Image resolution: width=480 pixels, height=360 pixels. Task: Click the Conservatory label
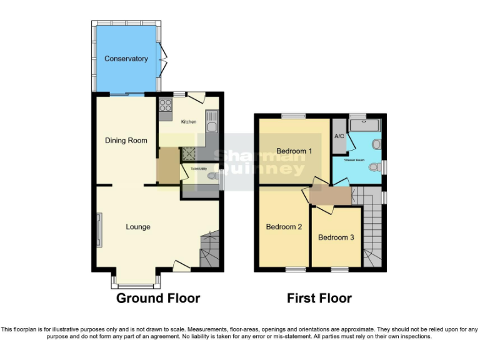pos(126,59)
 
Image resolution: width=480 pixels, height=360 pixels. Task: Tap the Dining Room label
pos(126,141)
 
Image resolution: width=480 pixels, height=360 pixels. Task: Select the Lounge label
pos(138,227)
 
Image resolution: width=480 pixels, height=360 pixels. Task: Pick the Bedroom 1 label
pos(294,151)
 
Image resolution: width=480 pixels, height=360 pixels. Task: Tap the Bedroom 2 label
pos(284,227)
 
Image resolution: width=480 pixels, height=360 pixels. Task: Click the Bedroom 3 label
pos(336,237)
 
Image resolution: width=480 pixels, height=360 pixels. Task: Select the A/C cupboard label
pos(339,136)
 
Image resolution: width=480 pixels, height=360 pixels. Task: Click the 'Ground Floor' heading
pos(158,299)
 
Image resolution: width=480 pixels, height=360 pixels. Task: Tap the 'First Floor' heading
pos(319,299)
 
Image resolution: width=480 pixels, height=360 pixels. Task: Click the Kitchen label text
pos(189,122)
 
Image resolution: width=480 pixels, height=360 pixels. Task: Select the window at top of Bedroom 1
pos(292,116)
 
